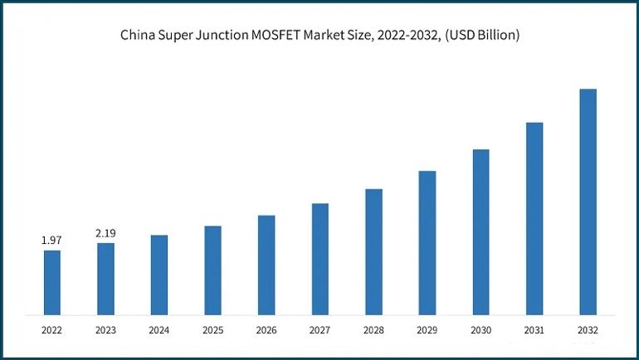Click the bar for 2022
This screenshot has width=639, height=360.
[52, 282]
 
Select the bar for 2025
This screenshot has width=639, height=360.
[212, 270]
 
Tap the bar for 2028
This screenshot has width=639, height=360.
[373, 252]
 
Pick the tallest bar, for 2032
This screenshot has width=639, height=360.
[588, 202]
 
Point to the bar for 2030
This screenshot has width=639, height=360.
[480, 232]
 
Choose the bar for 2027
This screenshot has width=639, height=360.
[320, 259]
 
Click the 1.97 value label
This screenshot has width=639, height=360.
[52, 241]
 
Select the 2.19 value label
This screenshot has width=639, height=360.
[105, 233]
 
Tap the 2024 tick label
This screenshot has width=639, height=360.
[159, 330]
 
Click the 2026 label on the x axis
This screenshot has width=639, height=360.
[266, 330]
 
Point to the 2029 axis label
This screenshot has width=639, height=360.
[427, 330]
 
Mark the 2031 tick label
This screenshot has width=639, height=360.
[534, 330]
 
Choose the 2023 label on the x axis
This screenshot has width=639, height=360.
[105, 330]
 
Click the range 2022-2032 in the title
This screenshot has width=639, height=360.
[404, 36]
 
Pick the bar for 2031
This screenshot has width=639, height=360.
[534, 219]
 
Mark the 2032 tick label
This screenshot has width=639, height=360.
[588, 330]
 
